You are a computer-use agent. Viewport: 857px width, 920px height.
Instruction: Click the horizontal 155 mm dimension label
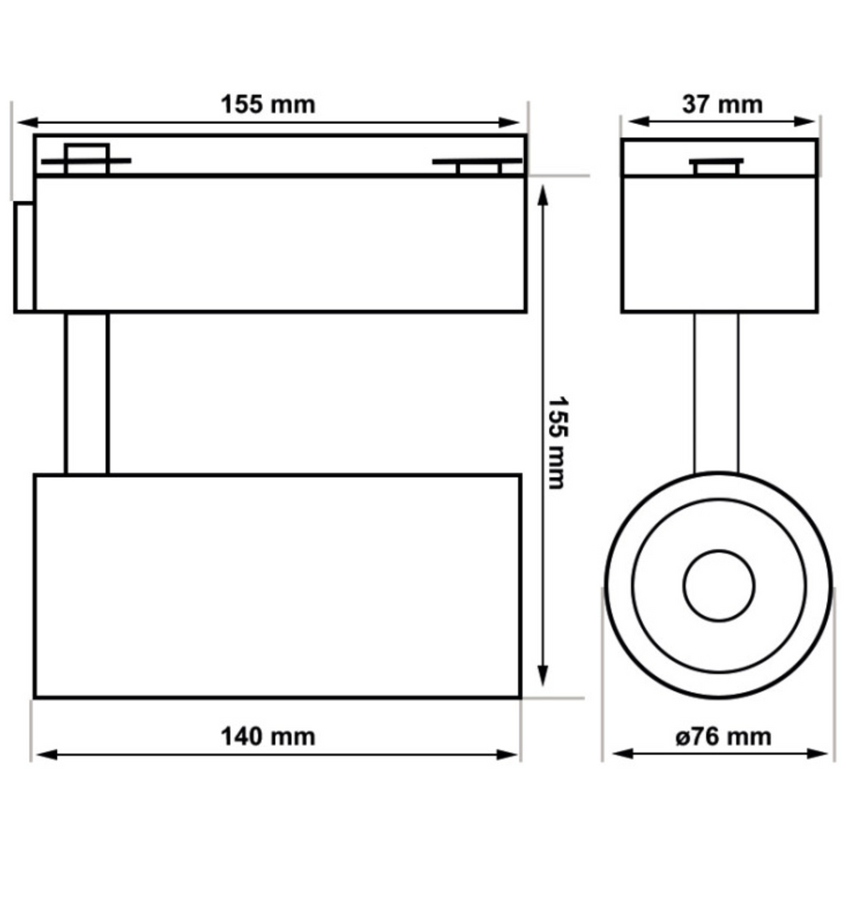(268, 105)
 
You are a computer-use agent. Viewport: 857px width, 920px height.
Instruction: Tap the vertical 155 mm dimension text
(557, 442)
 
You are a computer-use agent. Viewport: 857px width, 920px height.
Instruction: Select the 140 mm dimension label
(268, 737)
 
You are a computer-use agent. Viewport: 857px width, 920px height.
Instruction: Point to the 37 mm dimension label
(722, 105)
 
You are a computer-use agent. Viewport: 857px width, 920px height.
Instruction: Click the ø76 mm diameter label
(722, 737)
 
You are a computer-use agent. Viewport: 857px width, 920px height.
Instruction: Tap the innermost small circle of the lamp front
(719, 585)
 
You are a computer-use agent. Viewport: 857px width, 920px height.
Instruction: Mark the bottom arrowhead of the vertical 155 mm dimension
(542, 675)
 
